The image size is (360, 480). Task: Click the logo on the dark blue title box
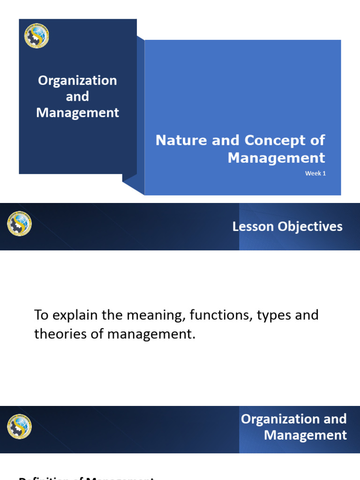(37, 36)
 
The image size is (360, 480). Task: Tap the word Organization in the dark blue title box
(77, 81)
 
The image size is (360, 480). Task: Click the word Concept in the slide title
(266, 140)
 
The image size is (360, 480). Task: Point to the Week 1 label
(315, 173)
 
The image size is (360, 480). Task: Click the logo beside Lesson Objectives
(19, 224)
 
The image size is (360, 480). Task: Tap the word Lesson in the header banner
(253, 227)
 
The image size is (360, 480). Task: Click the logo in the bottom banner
(19, 427)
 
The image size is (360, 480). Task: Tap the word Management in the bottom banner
(305, 435)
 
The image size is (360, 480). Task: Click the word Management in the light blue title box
(276, 157)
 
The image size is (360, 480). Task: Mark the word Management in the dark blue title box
(77, 113)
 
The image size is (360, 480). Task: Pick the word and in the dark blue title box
(77, 97)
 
